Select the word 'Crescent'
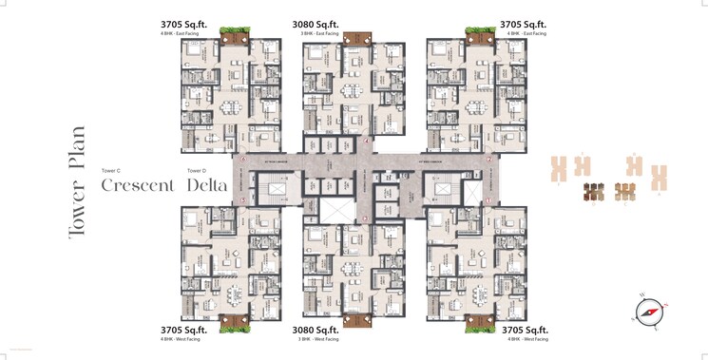[138, 185]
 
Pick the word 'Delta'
[206, 185]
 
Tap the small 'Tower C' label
[110, 171]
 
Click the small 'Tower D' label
[197, 171]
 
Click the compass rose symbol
[649, 311]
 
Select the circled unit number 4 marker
[367, 142]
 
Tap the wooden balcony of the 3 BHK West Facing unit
[357, 320]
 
